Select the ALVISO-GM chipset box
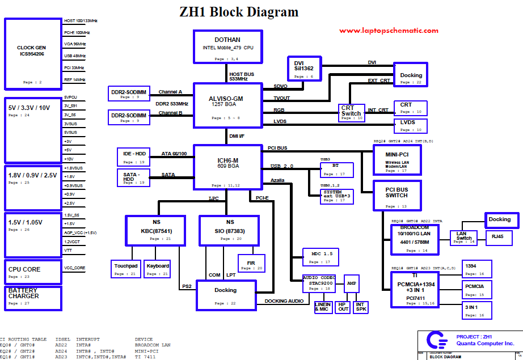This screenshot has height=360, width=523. pyautogui.click(x=226, y=103)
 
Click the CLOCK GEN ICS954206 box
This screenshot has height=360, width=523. pyautogui.click(x=33, y=54)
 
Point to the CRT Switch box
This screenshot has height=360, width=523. pyautogui.click(x=351, y=112)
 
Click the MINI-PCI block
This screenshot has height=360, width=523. pyautogui.click(x=397, y=159)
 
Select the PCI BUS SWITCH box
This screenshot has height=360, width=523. pyautogui.click(x=397, y=195)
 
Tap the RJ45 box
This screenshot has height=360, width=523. pyautogui.click(x=497, y=236)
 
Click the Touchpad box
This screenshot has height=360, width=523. pyautogui.click(x=126, y=269)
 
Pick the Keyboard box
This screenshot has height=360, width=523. pyautogui.click(x=157, y=269)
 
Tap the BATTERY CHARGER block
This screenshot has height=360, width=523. pyautogui.click(x=33, y=298)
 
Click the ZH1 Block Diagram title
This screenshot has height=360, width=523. pyautogui.click(x=239, y=12)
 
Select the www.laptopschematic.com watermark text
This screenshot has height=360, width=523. pyautogui.click(x=389, y=31)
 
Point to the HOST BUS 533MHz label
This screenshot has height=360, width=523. pyautogui.click(x=241, y=76)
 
